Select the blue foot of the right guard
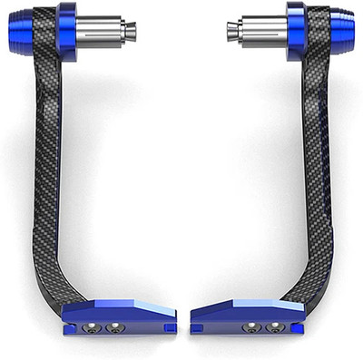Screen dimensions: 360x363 coord(245,314)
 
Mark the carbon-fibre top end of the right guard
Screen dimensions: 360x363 coord(318,41)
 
